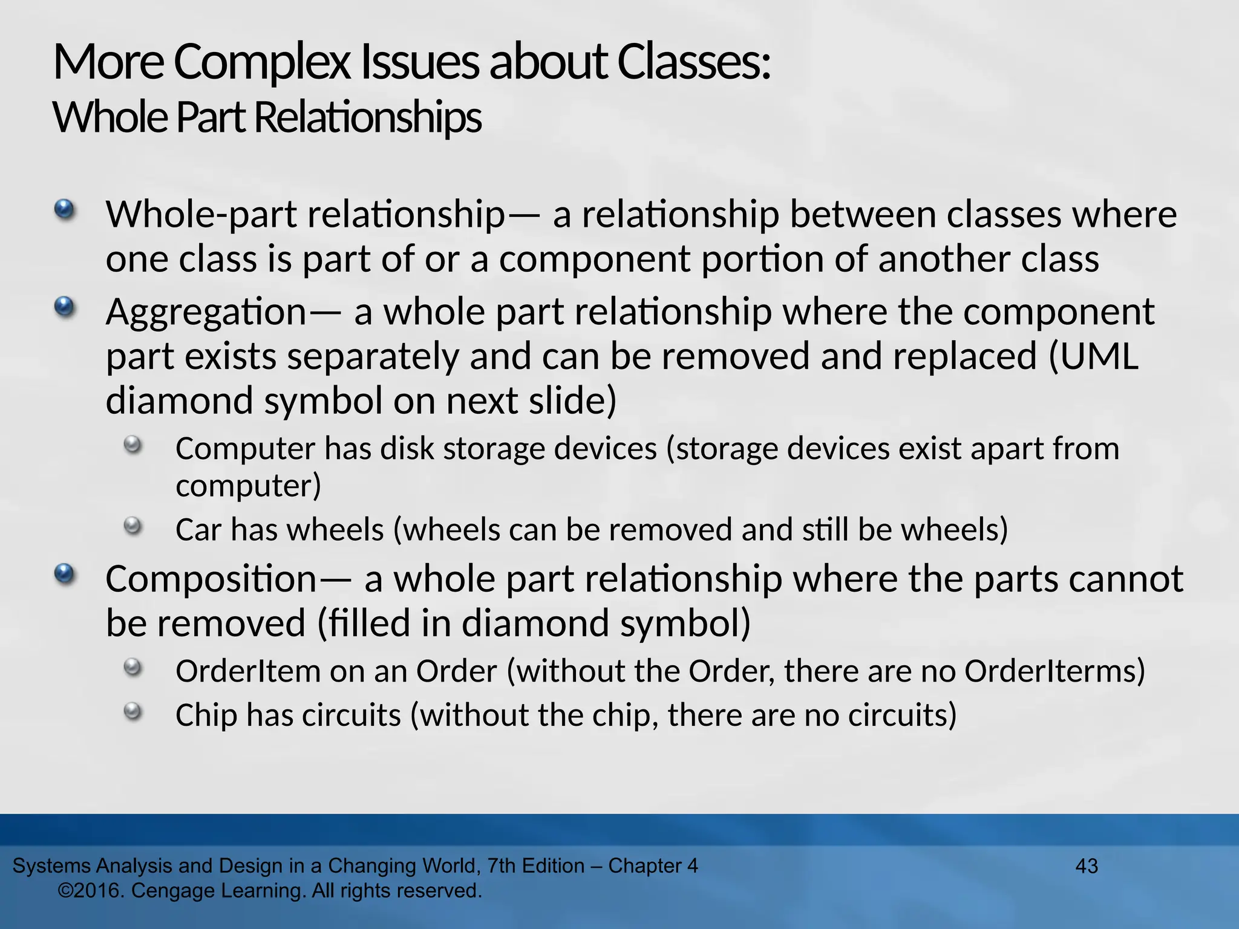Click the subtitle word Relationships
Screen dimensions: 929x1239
tap(367, 117)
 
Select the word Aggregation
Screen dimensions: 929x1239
tap(206, 313)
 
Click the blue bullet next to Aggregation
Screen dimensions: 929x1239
tap(64, 308)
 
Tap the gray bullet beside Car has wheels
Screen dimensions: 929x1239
tap(132, 526)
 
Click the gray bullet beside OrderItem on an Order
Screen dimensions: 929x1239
tap(132, 668)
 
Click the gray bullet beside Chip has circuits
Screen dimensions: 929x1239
tap(132, 712)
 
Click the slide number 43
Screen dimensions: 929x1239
tap(1087, 866)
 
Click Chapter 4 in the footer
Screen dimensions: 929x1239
tap(653, 866)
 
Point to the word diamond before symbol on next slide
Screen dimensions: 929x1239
tap(180, 401)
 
